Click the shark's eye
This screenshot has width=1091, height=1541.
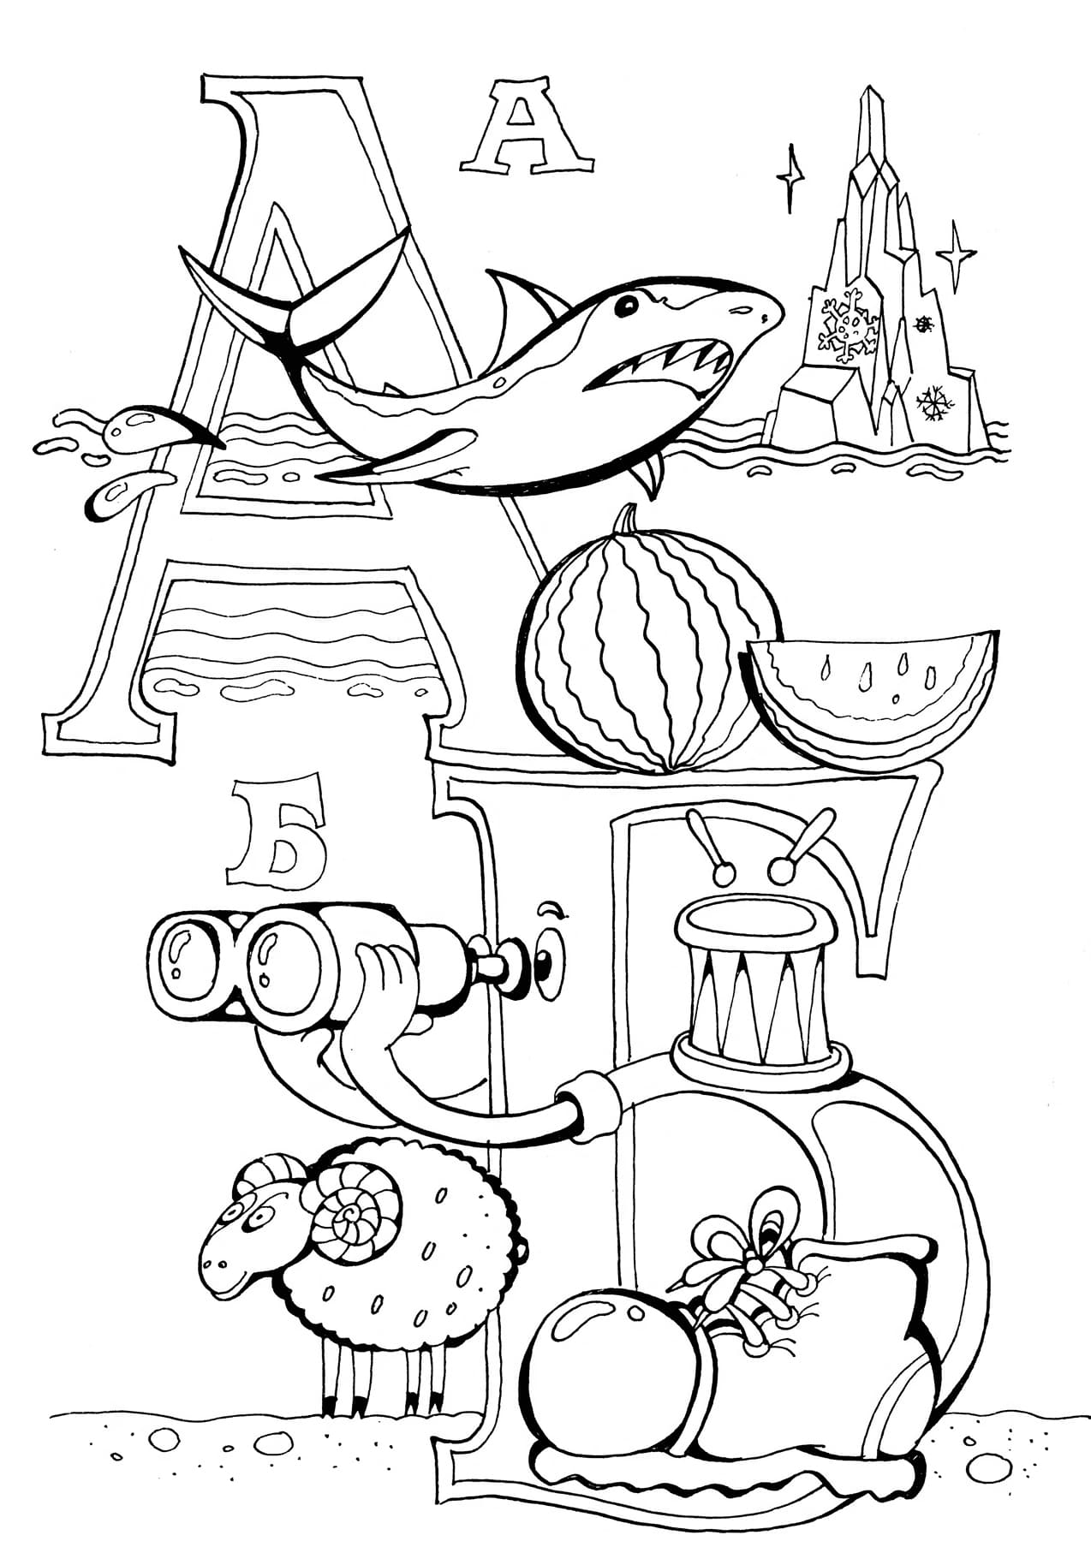629,305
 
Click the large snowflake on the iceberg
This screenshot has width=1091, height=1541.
849,324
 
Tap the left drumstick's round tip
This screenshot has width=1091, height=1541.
724,873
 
